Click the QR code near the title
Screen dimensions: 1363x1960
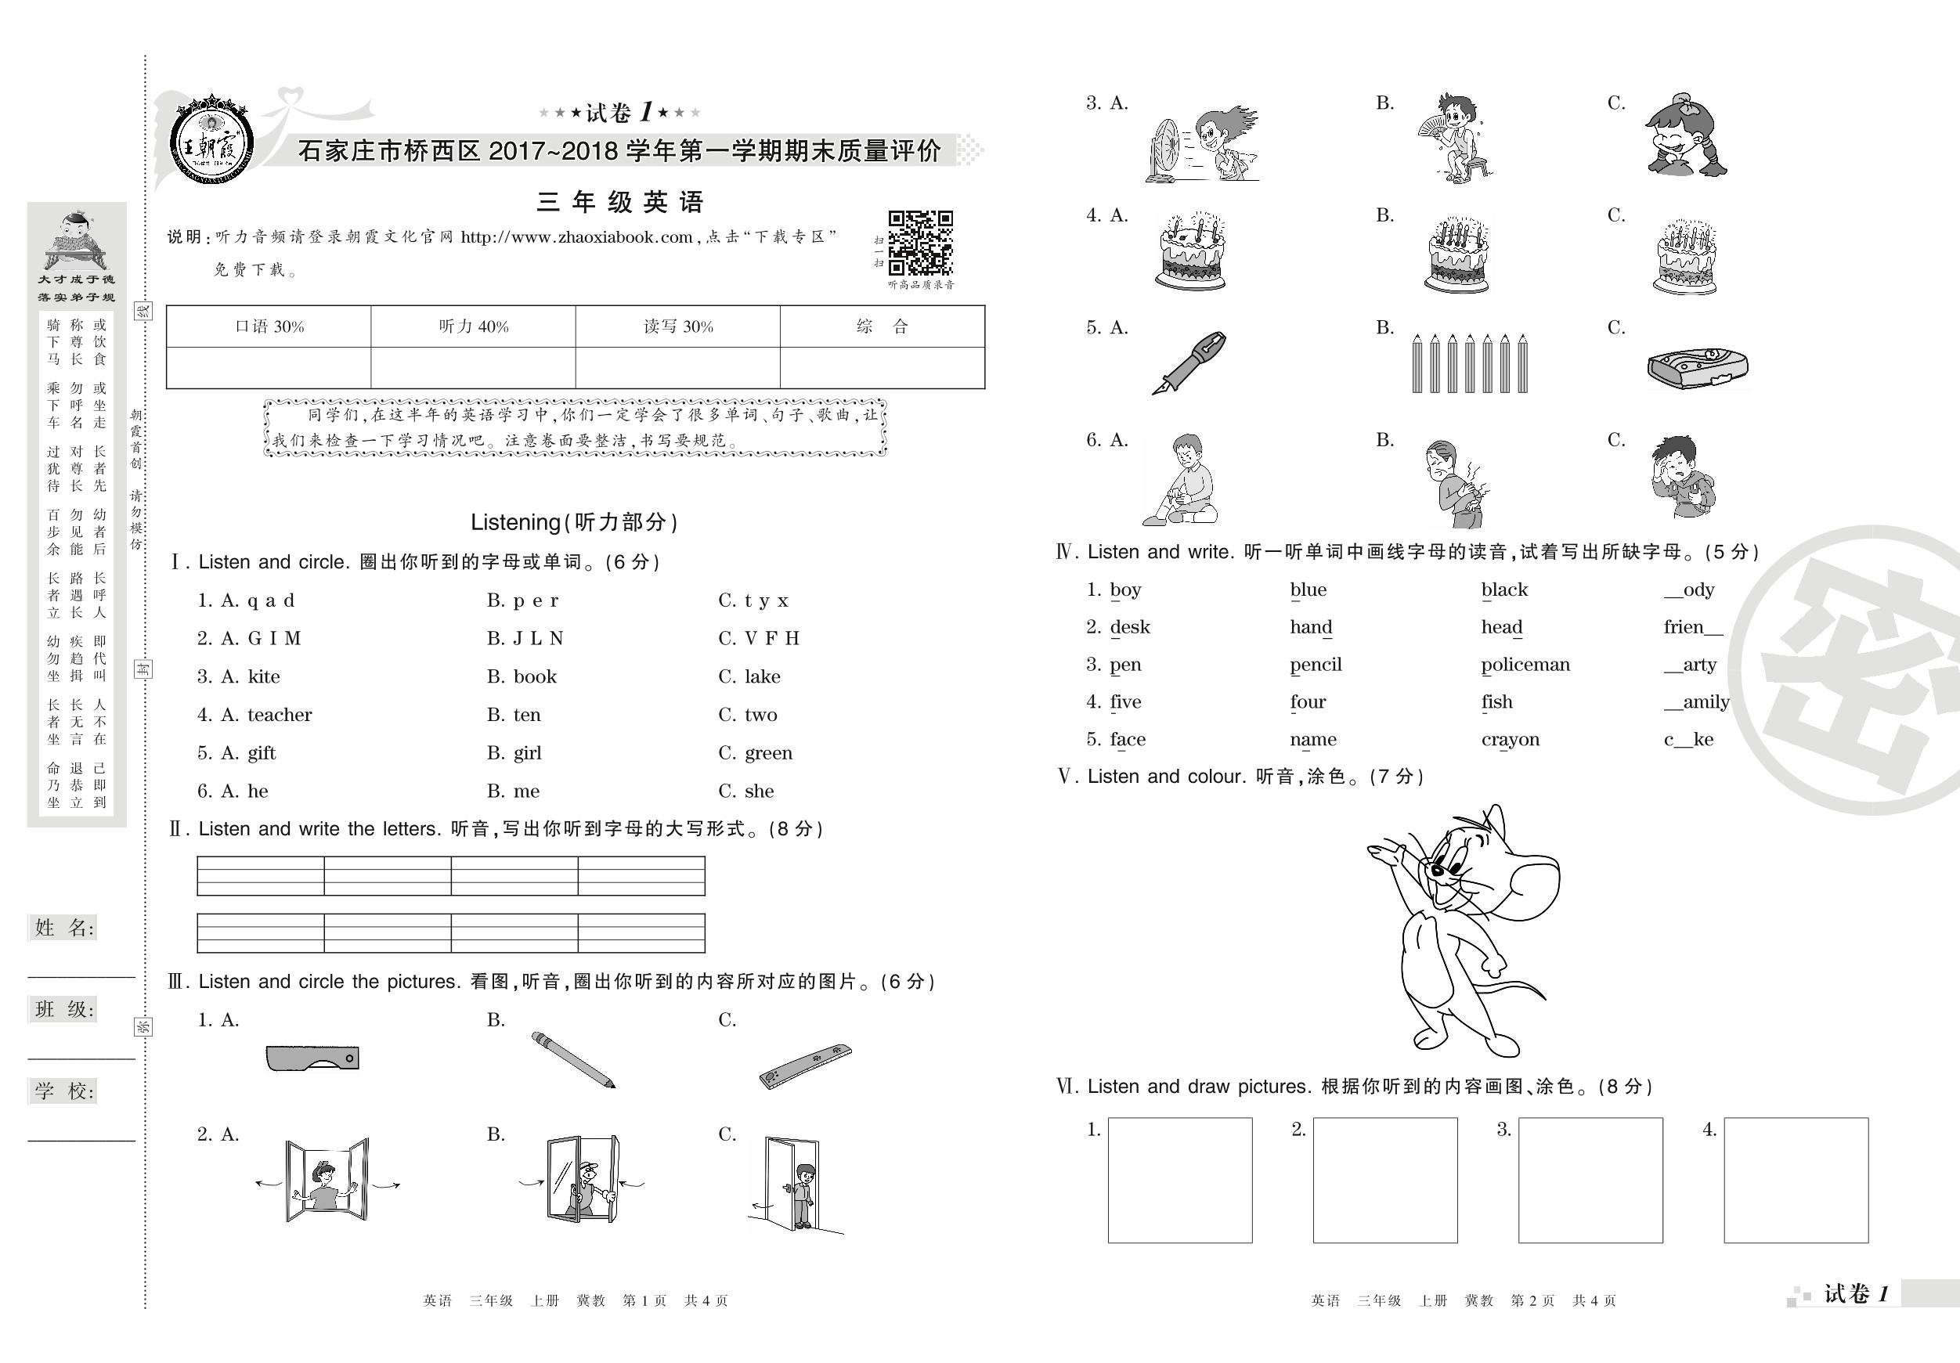point(920,243)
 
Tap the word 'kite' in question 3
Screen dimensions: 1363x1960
point(264,677)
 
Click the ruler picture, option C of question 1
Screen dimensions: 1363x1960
point(805,1066)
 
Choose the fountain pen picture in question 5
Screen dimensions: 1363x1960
point(1189,362)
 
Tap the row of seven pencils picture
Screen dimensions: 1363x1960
point(1469,363)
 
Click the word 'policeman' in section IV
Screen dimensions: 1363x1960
point(1525,665)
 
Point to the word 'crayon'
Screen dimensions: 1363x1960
point(1510,740)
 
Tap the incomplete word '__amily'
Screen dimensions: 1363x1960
point(1696,702)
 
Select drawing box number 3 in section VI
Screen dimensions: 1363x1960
point(1590,1180)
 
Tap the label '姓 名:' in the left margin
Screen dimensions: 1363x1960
point(64,928)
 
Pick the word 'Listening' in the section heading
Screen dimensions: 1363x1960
point(514,522)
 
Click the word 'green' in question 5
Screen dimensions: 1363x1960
point(768,753)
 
